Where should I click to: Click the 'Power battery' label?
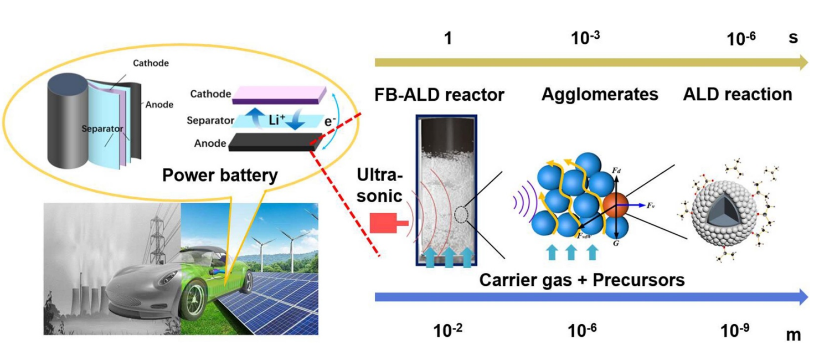click(219, 176)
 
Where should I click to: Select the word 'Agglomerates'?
click(599, 95)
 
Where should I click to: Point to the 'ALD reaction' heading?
click(738, 95)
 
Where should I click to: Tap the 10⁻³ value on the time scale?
click(585, 39)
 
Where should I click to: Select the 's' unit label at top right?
click(793, 39)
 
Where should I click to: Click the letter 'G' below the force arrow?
click(616, 243)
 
